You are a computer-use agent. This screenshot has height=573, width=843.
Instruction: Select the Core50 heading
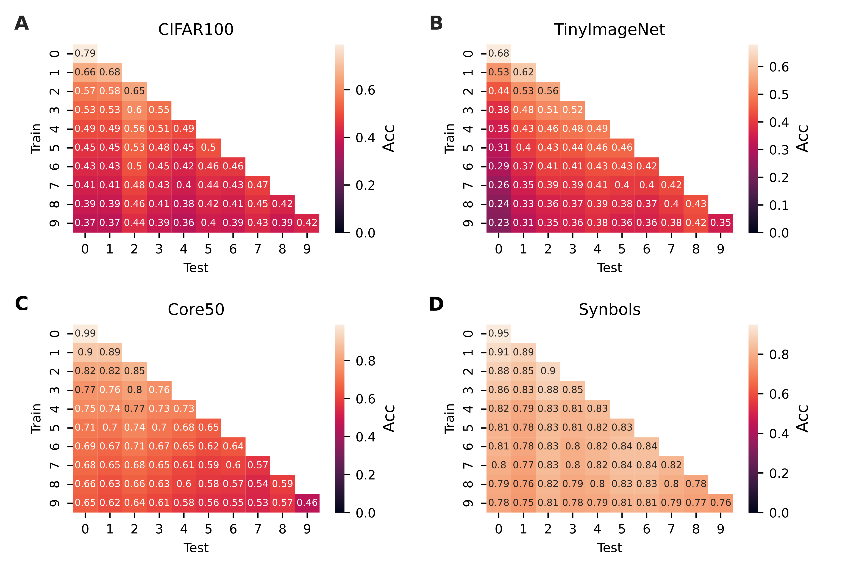(196, 309)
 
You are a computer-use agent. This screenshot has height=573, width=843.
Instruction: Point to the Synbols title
(609, 309)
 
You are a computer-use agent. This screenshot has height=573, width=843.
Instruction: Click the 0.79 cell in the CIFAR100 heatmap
(85, 54)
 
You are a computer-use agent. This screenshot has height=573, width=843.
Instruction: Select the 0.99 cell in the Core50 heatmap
(85, 333)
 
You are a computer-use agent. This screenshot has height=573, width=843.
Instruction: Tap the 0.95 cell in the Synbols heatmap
(498, 333)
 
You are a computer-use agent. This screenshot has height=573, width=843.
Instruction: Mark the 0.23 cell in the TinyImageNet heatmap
(498, 223)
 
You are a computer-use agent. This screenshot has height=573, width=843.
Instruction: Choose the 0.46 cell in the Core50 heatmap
(307, 503)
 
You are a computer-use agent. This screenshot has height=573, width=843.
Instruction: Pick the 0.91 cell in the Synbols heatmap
(498, 352)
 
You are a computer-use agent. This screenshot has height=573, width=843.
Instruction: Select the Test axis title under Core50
(196, 548)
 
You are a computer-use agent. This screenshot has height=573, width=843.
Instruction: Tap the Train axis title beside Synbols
(449, 419)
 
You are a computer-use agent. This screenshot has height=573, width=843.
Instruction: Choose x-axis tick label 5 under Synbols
(622, 529)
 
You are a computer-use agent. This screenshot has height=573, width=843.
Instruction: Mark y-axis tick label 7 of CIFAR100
(54, 185)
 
